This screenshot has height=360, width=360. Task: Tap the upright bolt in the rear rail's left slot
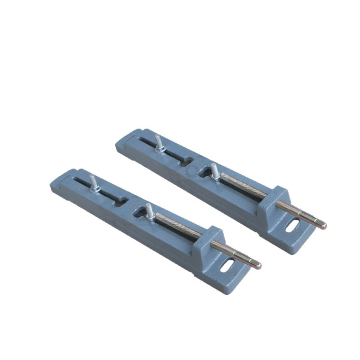[x=157, y=141]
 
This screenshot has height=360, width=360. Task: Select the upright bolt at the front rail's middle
[x=148, y=209]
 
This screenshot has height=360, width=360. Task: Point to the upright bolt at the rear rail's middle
[x=214, y=169]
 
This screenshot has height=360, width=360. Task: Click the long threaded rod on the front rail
[x=179, y=225]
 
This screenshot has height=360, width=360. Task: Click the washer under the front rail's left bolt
[x=95, y=189]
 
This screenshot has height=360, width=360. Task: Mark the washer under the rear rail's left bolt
[x=160, y=149]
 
